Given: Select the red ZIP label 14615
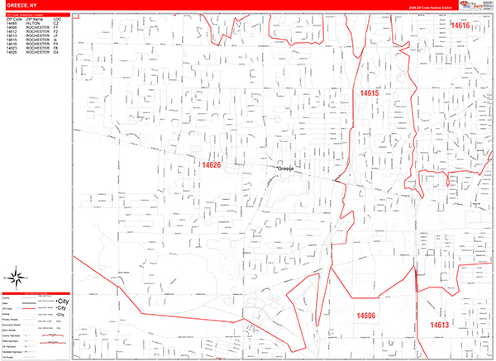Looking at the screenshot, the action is (x=370, y=94).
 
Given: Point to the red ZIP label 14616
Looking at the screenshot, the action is (x=460, y=26).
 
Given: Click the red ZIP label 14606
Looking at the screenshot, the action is (x=366, y=316).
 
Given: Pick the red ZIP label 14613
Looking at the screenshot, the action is (x=439, y=325).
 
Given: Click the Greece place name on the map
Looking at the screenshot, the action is (x=285, y=169).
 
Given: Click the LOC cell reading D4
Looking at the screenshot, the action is (x=56, y=54).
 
